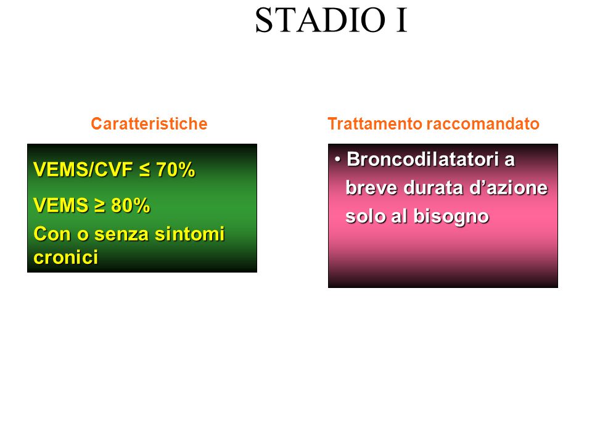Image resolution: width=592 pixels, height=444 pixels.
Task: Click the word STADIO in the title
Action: click(x=321, y=20)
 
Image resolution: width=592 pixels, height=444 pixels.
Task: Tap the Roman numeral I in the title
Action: click(x=401, y=20)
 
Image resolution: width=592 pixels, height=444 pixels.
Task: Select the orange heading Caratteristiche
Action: click(x=149, y=124)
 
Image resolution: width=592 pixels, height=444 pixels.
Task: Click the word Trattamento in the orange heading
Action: click(x=375, y=124)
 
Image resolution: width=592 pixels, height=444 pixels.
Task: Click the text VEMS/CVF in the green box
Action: click(x=83, y=170)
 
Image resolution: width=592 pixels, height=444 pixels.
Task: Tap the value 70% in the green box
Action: click(x=176, y=170)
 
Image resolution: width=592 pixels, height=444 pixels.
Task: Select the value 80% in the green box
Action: click(x=131, y=205)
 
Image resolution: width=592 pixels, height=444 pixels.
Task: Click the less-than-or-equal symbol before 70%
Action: click(x=144, y=170)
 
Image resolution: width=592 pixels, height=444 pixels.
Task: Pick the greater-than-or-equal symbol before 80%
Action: click(x=99, y=206)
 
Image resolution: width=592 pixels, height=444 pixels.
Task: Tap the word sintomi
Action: click(x=190, y=234)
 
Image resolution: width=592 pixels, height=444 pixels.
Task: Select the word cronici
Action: click(x=66, y=258)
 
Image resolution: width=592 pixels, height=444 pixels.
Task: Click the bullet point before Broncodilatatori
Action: click(x=337, y=160)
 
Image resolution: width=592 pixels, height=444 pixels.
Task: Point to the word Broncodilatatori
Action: click(x=423, y=159)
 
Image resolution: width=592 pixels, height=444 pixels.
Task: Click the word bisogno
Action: click(x=451, y=217)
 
